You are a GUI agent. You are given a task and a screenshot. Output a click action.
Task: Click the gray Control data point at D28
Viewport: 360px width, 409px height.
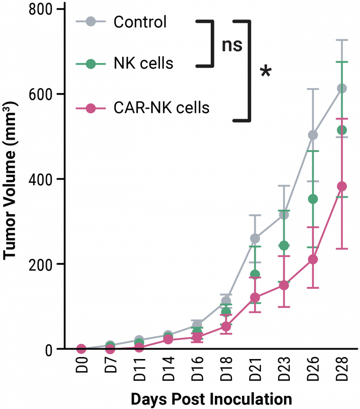tap(342, 88)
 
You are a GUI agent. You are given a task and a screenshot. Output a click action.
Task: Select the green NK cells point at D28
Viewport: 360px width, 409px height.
tap(342, 130)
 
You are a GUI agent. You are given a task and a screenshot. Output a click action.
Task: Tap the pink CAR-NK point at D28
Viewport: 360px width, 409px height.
tap(342, 186)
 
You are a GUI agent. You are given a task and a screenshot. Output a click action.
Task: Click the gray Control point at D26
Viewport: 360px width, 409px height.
tap(313, 135)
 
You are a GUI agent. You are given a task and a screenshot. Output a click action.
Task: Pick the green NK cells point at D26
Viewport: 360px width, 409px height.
tap(313, 199)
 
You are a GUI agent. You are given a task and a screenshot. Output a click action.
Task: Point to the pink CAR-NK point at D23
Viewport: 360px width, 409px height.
tap(284, 285)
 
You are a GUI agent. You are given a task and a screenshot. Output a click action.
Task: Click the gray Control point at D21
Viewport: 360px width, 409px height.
tap(255, 238)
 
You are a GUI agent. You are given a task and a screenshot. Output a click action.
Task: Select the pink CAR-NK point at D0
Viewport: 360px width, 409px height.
tap(81, 349)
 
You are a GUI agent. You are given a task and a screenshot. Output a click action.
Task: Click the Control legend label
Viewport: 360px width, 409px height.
tap(140, 22)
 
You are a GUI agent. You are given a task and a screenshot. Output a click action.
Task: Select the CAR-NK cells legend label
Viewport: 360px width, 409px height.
tap(161, 107)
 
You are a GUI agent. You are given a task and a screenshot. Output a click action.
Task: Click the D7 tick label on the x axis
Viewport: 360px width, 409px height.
tap(111, 371)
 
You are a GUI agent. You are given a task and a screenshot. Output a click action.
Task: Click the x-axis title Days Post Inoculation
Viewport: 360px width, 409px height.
tap(211, 399)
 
